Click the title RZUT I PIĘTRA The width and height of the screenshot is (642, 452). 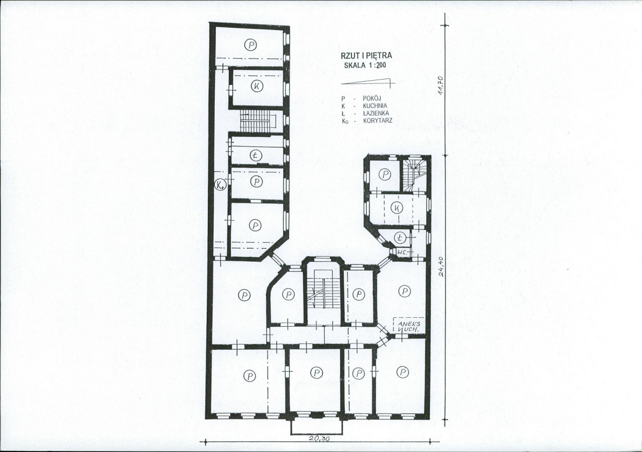point(366,56)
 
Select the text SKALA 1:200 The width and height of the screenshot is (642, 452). point(365,65)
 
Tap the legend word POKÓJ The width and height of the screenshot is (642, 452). point(372,98)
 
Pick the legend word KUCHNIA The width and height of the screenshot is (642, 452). point(375,105)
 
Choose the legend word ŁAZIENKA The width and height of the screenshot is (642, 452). point(376,113)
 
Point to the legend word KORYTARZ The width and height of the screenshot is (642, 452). point(377,121)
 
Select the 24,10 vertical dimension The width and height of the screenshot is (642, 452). point(441,266)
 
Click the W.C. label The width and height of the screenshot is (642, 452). point(401,252)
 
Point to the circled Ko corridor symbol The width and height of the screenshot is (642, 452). point(221,185)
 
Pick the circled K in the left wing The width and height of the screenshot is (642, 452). point(256,86)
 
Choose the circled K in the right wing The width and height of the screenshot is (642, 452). point(396,208)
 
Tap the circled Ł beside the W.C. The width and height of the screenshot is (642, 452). point(400,238)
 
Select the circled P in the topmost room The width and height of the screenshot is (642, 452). point(251,44)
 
